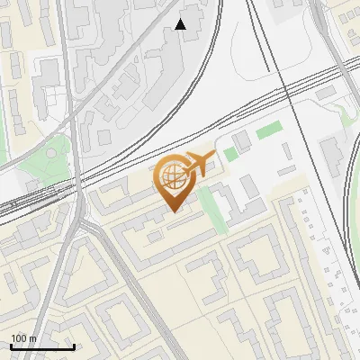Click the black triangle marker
point(181,24)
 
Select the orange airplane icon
point(201,165)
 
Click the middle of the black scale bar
point(41,346)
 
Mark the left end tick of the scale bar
point(10,346)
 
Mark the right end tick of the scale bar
point(74,346)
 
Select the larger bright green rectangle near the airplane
point(268,132)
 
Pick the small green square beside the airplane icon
point(231,154)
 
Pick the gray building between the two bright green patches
point(241,141)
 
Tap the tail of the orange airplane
point(188,167)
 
